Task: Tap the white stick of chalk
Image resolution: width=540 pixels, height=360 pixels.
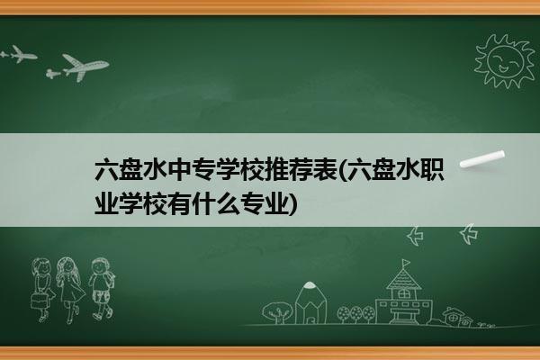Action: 482,159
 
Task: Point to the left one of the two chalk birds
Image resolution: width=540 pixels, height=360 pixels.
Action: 415,236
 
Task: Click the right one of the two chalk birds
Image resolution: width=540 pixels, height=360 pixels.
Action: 469,234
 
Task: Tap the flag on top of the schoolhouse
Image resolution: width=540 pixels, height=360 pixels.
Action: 407,263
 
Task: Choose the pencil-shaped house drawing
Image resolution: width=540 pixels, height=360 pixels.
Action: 310,303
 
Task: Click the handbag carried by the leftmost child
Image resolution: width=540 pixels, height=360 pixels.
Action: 39,301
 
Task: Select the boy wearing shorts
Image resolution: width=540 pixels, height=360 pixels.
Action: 101,289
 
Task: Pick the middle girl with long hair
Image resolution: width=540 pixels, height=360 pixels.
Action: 70,290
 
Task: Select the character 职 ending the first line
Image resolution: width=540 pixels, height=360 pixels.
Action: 432,170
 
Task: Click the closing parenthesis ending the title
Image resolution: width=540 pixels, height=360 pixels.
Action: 292,204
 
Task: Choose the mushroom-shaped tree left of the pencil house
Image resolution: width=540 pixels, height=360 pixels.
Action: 277,312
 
